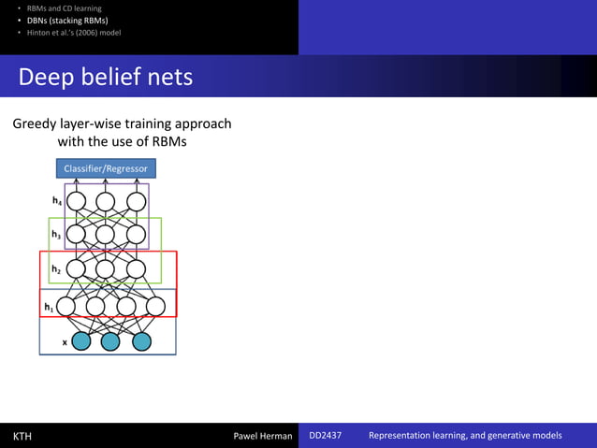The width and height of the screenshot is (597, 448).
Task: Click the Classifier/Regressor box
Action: (106, 168)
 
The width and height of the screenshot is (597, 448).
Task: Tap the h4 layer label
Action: (57, 201)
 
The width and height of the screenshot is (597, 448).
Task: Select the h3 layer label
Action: (57, 235)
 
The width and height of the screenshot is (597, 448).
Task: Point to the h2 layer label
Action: (57, 269)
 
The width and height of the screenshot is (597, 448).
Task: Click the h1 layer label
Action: (48, 306)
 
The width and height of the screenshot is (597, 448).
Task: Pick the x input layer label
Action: (65, 342)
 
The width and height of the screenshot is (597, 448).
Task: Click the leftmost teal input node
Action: (81, 341)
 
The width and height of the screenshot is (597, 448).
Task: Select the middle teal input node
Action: (110, 341)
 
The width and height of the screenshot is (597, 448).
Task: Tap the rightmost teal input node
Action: (141, 341)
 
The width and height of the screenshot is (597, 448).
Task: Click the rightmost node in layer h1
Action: (156, 306)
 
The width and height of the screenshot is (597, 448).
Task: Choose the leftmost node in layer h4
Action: (77, 201)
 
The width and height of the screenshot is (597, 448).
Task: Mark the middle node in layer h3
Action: (106, 234)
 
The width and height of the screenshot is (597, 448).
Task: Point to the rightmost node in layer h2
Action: (136, 269)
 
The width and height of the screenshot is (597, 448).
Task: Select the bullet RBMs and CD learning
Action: (64, 8)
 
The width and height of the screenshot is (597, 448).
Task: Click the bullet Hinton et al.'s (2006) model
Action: (73, 33)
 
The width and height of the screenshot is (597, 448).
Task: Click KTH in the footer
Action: (22, 436)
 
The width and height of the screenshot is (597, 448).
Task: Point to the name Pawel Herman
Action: (262, 436)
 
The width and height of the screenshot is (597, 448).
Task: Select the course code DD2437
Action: (326, 436)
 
